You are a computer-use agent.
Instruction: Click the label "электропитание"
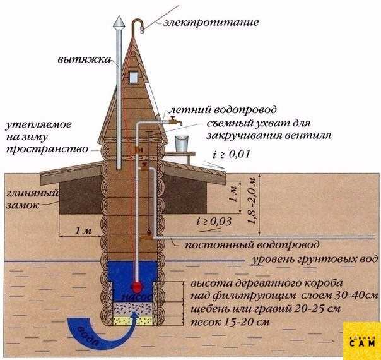click(202, 23)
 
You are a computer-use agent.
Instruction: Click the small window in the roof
click(134, 76)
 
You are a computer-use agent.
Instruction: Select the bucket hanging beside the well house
click(182, 142)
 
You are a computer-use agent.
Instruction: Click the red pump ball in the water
click(138, 285)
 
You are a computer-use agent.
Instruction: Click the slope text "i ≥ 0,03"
click(214, 220)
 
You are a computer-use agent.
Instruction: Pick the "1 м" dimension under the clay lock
click(83, 231)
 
